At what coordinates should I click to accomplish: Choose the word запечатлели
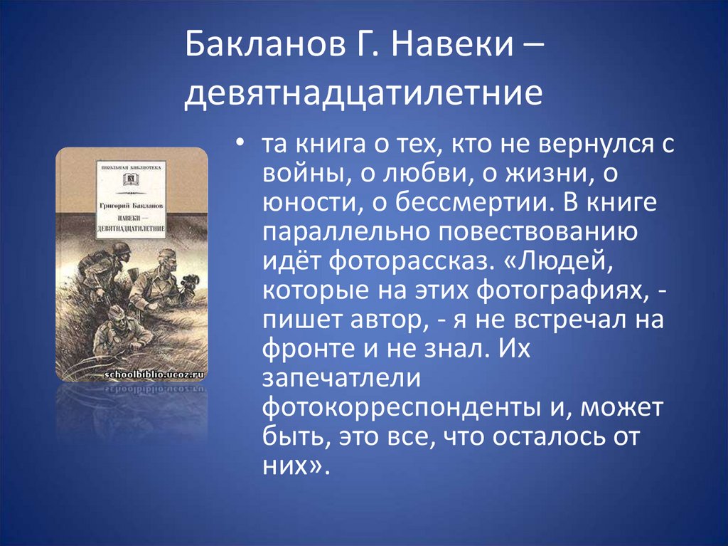pos(333,379)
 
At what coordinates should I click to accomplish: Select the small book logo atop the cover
pos(131,177)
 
